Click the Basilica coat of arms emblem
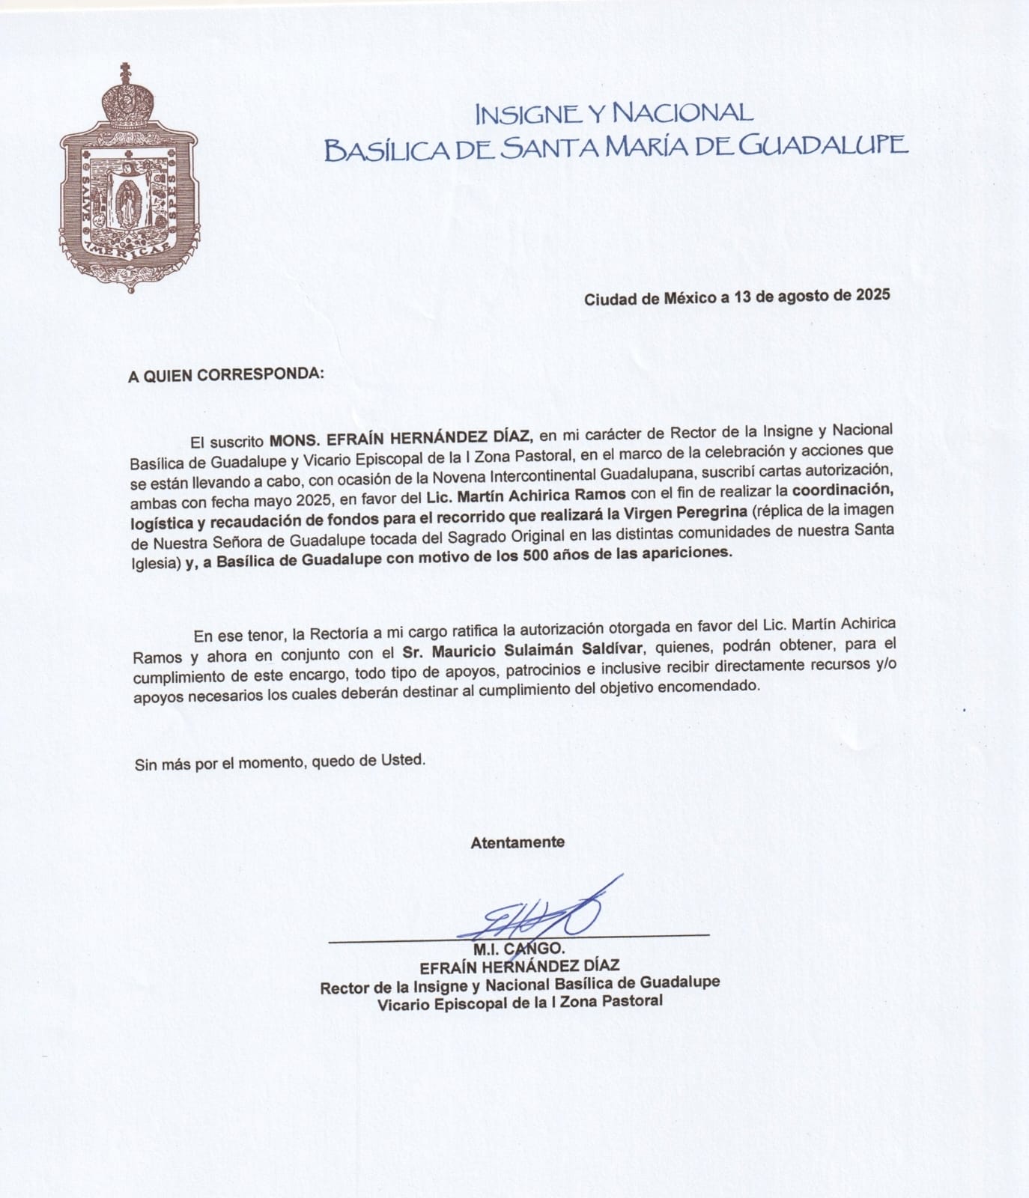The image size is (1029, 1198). click(129, 183)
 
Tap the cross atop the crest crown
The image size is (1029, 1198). click(126, 73)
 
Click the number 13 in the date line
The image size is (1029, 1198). click(743, 297)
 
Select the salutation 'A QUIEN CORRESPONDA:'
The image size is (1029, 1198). click(226, 374)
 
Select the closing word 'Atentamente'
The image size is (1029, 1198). click(517, 842)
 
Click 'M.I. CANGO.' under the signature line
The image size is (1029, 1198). click(519, 949)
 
